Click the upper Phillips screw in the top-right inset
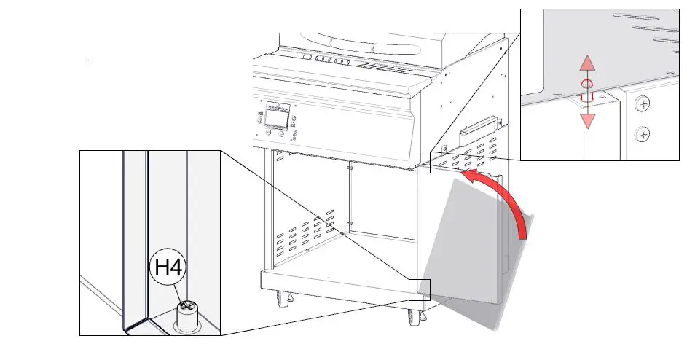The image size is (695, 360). tap(642, 104)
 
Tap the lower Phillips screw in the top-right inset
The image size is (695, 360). tap(642, 133)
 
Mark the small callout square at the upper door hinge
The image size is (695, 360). tap(420, 162)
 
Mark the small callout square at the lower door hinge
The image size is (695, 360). tap(420, 289)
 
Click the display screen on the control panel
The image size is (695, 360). tap(275, 119)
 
